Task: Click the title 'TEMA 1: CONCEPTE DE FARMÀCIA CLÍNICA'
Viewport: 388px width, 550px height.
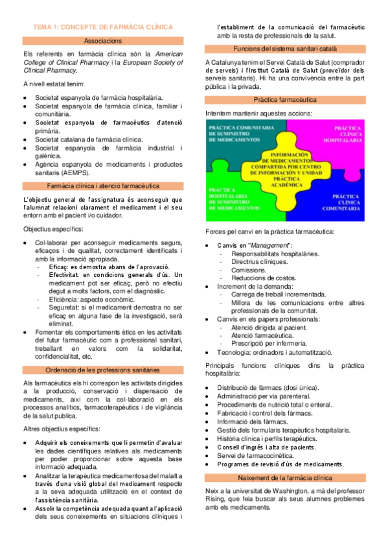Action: tap(104, 27)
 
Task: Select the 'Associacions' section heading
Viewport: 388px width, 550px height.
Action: tap(104, 41)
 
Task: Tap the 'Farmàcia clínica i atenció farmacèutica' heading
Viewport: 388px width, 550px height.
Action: tap(104, 185)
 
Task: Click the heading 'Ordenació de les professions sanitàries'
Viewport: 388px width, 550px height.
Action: tap(104, 370)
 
